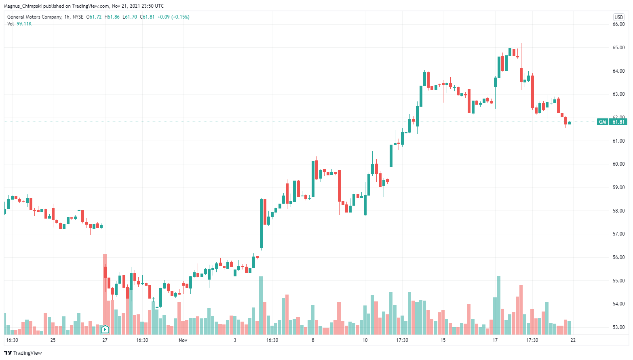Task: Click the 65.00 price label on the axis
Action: tap(618, 48)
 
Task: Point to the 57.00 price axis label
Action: tap(618, 234)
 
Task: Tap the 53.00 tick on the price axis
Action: tap(618, 327)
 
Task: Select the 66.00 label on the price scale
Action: tap(618, 24)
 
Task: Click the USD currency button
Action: tap(619, 17)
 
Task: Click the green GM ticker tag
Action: tap(602, 122)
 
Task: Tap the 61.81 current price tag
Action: tap(618, 122)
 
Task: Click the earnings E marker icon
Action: tap(105, 329)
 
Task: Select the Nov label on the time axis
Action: tap(183, 340)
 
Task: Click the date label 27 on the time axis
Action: tap(105, 340)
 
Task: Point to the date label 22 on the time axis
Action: tap(573, 340)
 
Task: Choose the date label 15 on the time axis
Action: tap(443, 340)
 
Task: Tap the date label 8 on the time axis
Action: tap(313, 340)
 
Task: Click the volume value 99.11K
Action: tap(24, 24)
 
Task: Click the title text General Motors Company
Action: tap(34, 17)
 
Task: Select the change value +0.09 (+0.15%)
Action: tap(173, 17)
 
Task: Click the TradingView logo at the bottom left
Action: tap(23, 353)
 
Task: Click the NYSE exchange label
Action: tap(78, 17)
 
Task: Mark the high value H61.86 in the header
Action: tap(112, 17)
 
